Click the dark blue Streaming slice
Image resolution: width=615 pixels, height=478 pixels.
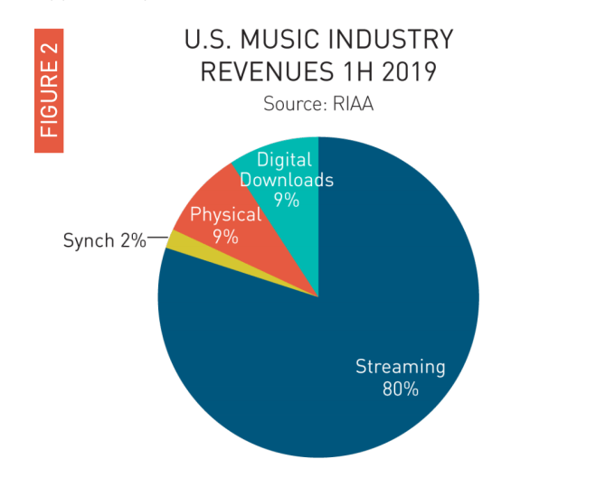coord(362,298)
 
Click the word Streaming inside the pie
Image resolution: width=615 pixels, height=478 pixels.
coord(400,367)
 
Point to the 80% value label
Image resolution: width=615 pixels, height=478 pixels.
coord(400,389)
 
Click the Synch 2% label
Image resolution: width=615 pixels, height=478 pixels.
coord(104,240)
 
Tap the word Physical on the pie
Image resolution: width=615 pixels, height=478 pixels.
coord(225,215)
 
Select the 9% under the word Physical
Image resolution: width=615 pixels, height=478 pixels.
coord(225,237)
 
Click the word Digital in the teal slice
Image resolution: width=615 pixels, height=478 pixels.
coord(284,160)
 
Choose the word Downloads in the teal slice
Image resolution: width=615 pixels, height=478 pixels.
coord(287,180)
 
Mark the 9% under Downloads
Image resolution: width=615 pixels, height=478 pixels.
coord(287,200)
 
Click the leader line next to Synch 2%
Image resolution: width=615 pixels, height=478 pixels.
coord(156,238)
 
